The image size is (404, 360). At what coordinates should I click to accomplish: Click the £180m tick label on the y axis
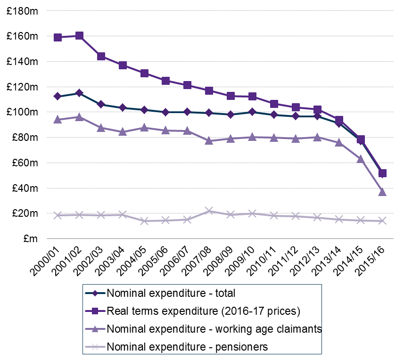click(22, 11)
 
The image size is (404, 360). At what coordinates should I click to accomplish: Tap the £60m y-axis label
click(25, 163)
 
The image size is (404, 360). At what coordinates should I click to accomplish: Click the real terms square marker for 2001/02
click(79, 36)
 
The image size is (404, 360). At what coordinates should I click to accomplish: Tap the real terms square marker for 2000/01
click(58, 37)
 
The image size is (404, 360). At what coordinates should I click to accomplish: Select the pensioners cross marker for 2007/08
click(209, 211)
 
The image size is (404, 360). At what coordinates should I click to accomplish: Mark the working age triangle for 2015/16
click(382, 192)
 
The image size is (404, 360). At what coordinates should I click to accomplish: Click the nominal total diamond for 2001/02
click(79, 93)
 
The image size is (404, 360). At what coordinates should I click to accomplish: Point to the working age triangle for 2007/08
click(209, 140)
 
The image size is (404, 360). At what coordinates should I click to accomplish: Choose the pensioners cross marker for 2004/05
click(144, 221)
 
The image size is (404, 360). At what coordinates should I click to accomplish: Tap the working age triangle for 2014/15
click(361, 159)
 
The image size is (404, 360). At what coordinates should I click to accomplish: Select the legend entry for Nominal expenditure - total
click(171, 293)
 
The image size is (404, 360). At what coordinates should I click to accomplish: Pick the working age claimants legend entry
click(214, 329)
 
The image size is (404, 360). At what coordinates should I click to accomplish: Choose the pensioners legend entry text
click(187, 347)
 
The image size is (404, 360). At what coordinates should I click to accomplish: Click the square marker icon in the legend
click(95, 311)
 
